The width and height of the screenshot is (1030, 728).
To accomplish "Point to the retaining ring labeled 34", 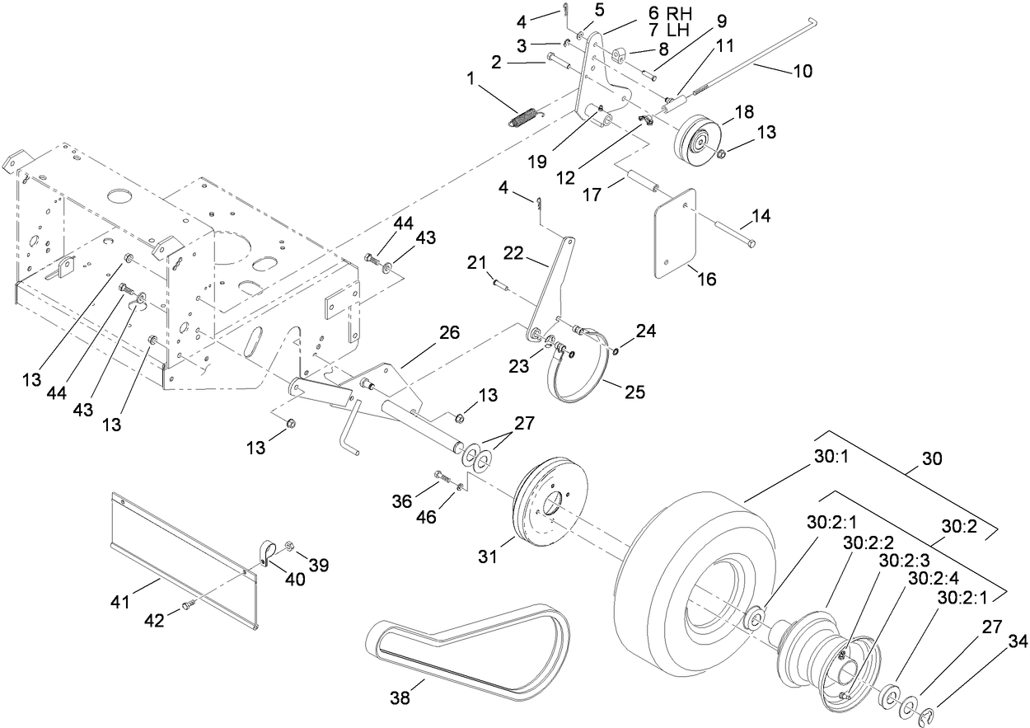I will pos(930,713).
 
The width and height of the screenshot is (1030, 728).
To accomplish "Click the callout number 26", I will pos(449,333).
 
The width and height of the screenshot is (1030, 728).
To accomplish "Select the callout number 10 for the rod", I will pos(802,72).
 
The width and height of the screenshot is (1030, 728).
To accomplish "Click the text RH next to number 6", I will pos(680,13).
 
